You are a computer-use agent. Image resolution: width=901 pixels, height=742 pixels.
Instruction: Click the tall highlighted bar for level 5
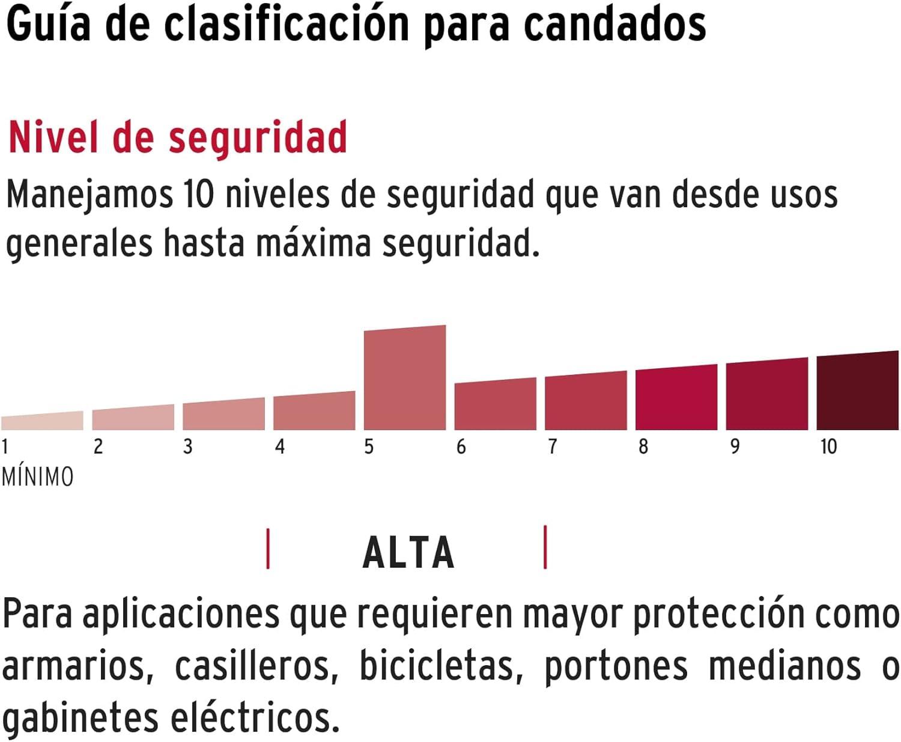pos(405,379)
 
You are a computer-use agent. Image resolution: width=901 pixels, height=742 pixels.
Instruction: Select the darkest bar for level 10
pos(857,392)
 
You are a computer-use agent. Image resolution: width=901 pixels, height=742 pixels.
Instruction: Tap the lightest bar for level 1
pos(42,421)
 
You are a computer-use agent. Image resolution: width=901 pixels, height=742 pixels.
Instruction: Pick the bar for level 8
pos(676,398)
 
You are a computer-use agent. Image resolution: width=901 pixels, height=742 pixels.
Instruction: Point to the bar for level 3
pos(223,415)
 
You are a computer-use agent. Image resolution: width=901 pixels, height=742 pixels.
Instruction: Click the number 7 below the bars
pos(553,447)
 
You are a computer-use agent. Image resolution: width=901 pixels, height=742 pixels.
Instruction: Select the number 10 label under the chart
pos(828,447)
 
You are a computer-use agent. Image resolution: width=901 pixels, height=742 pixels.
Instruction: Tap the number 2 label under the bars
pos(99,447)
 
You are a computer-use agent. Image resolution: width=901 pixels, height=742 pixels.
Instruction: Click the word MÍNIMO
pos(38,477)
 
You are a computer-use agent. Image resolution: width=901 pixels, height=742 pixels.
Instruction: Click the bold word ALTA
pos(408,553)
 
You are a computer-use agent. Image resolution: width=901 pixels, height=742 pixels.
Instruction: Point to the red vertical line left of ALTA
pos(268,548)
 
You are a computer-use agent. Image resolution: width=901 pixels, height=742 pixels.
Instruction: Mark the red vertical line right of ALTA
pos(545,547)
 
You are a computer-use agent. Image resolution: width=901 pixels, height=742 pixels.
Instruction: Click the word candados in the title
pos(615,25)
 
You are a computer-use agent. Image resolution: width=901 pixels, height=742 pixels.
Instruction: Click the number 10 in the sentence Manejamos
pos(199,195)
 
